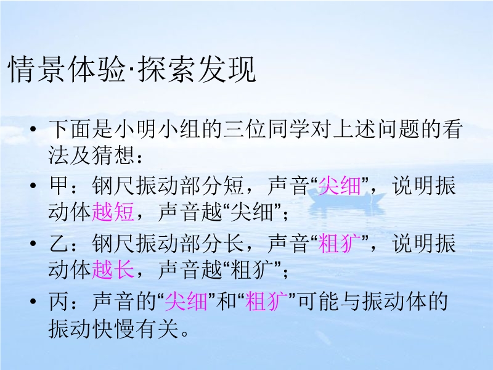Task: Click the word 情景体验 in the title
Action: click(x=68, y=70)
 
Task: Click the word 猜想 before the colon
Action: click(x=113, y=155)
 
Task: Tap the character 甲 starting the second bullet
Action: click(x=59, y=186)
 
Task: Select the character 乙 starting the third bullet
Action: click(x=59, y=244)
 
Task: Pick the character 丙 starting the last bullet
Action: click(x=59, y=302)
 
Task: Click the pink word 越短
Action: click(x=113, y=212)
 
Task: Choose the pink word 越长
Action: click(x=113, y=269)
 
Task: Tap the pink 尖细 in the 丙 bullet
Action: click(x=186, y=302)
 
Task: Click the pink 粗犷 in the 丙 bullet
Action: click(x=266, y=302)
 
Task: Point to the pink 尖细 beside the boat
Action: click(x=340, y=186)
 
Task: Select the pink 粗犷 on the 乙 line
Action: click(x=340, y=244)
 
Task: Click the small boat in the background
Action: click(x=346, y=198)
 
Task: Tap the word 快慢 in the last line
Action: click(x=113, y=329)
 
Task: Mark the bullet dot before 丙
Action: click(x=33, y=302)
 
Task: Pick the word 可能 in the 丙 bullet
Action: click(x=319, y=302)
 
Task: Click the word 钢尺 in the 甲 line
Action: click(x=113, y=186)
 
